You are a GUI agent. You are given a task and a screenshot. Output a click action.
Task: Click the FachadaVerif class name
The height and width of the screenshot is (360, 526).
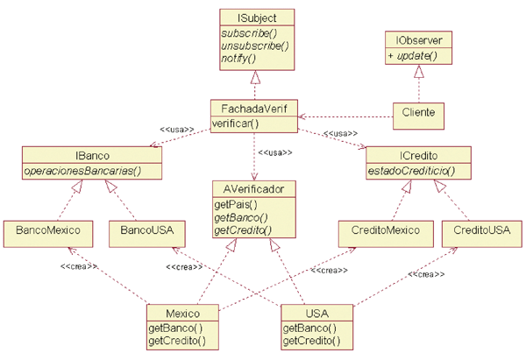tap(254, 109)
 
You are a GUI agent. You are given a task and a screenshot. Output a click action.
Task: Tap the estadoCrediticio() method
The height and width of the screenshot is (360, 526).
tap(413, 170)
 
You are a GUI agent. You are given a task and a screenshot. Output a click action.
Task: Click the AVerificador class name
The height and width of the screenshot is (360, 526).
tap(254, 187)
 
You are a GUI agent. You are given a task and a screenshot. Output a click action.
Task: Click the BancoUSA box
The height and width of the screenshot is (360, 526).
tap(141, 231)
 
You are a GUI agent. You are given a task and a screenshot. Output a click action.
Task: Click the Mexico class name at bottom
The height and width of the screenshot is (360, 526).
tap(182, 314)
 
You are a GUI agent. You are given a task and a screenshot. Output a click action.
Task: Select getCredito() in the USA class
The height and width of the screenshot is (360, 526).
tap(311, 340)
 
